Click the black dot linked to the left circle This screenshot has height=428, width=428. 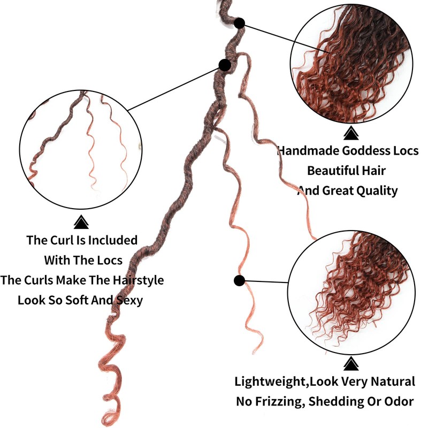click(x=225, y=65)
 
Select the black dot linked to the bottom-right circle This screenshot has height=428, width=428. click(x=239, y=280)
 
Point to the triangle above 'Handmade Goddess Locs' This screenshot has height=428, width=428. click(x=350, y=133)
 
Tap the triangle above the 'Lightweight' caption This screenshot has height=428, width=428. click(x=350, y=364)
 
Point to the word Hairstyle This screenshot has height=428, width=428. click(x=137, y=280)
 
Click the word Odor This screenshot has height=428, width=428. click(x=401, y=401)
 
